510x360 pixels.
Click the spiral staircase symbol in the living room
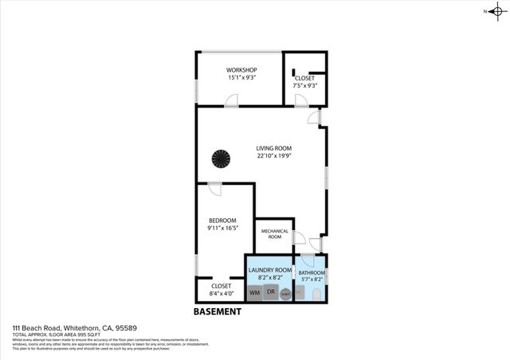coord(221,159)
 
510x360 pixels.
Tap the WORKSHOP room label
coord(241,70)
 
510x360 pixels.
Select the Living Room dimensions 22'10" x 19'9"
coord(273,156)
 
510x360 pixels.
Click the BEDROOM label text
coord(222,221)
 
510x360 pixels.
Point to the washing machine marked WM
coord(255,293)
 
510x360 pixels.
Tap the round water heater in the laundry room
coord(284,294)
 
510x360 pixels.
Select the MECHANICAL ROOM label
coord(274,233)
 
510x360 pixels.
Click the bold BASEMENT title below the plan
coord(217,311)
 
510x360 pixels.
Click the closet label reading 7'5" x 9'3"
coord(305,85)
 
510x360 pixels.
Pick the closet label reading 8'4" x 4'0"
coord(221,292)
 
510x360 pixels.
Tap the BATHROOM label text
coord(312,273)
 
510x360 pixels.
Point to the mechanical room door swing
coord(299,238)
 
